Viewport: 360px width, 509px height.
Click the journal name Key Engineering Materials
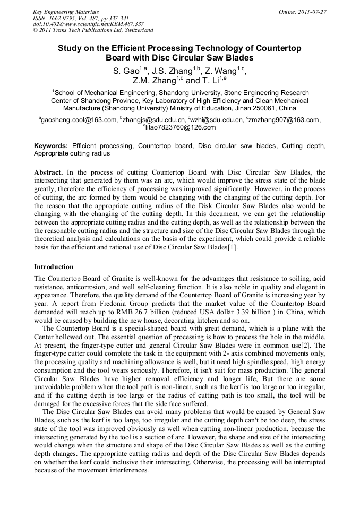(x=65, y=12)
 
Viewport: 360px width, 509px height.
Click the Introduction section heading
(x=54, y=266)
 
